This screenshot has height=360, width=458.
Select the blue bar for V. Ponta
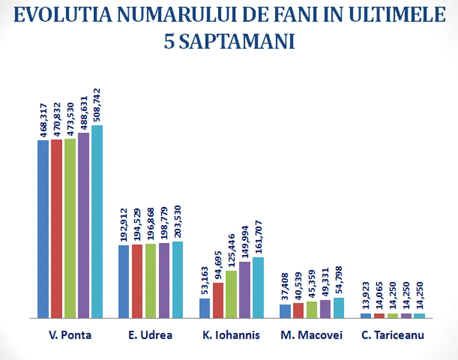pos(43,229)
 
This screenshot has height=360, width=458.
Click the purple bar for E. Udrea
pos(164,280)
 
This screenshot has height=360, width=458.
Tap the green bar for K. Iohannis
pos(231,294)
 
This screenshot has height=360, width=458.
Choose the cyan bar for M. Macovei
pos(339,308)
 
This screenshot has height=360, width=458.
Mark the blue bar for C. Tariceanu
pos(365,315)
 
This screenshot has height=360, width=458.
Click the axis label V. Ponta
pos(70,335)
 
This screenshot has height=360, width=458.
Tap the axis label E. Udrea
pos(150,335)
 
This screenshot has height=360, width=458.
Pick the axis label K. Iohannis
pos(231,335)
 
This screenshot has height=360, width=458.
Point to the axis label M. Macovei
pos(312,335)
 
